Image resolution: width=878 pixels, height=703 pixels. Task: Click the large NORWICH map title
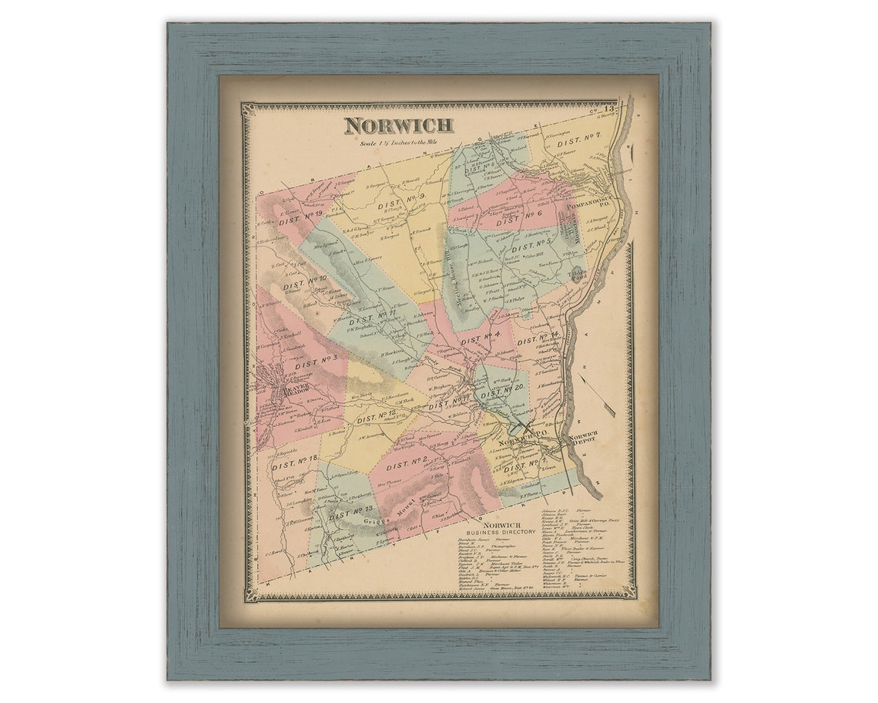(398, 126)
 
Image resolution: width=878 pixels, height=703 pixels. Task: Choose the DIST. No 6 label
(519, 218)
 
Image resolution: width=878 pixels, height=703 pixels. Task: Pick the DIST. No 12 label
(377, 416)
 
